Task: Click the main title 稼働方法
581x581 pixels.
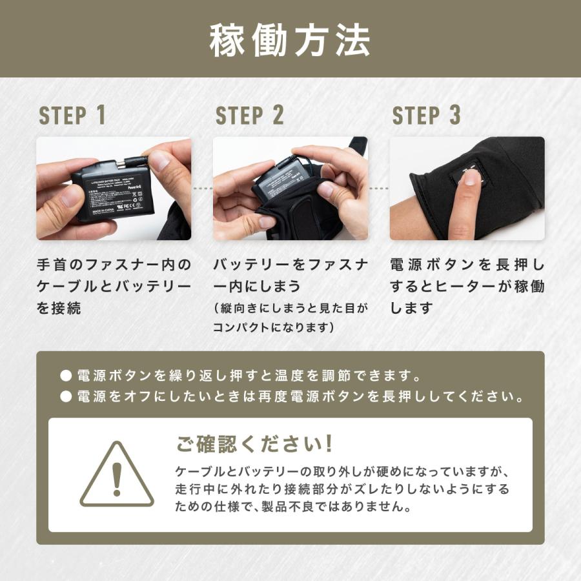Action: click(290, 41)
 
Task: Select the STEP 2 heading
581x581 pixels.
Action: click(250, 116)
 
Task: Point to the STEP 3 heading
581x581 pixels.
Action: click(427, 116)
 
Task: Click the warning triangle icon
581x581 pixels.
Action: click(117, 475)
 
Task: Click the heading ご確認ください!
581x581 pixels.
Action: click(256, 444)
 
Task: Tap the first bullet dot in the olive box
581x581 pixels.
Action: click(65, 376)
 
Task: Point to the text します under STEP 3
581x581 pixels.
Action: click(411, 308)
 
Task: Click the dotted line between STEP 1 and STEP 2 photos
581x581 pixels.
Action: click(202, 189)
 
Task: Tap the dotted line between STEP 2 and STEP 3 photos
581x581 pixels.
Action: click(379, 189)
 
